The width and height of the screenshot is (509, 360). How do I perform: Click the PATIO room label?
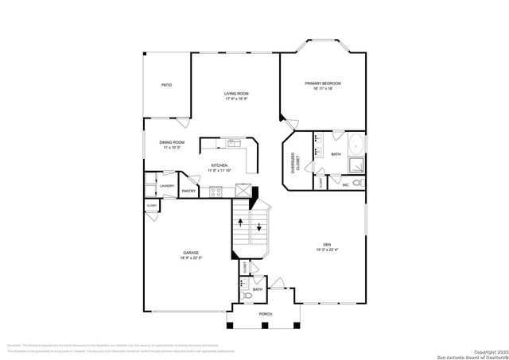point(167,84)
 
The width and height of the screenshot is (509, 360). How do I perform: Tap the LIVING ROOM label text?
point(236,94)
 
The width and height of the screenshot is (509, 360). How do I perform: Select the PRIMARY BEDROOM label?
point(323,83)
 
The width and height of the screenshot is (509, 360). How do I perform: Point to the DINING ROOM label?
point(172,142)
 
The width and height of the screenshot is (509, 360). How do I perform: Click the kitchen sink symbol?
point(233,144)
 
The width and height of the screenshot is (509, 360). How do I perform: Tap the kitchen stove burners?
point(215,191)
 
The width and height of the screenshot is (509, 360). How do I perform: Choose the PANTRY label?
point(188,192)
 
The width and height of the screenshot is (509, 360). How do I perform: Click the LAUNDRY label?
point(167,186)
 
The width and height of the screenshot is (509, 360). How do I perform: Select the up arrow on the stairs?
point(243,224)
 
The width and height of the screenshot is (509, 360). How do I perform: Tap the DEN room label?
point(326,245)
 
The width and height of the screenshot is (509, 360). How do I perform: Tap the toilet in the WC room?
point(357,184)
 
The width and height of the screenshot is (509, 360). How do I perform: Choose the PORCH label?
point(266,314)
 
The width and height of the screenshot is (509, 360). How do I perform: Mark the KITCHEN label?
point(219,165)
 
